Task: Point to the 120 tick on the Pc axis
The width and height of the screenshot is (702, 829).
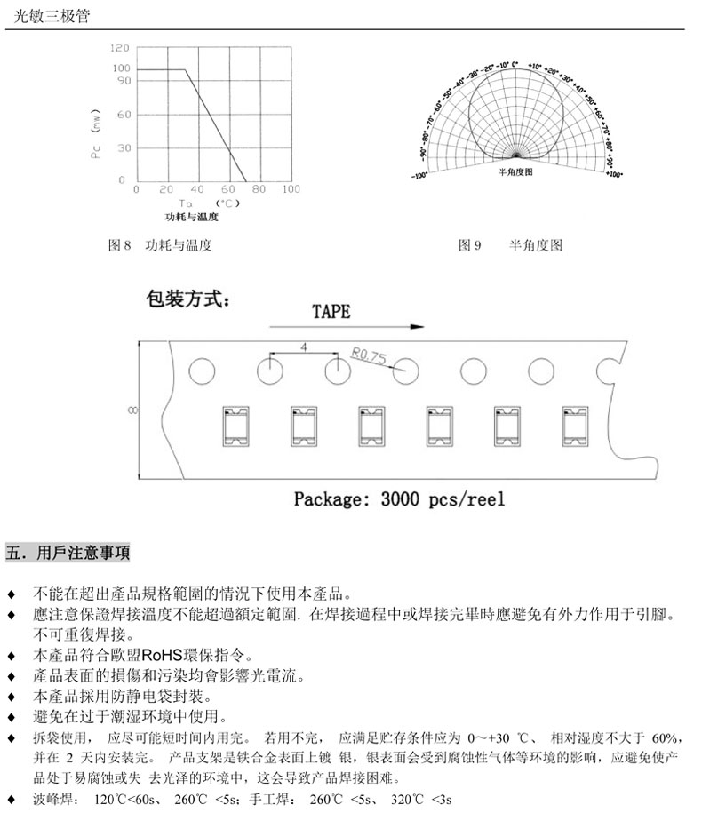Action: point(121,47)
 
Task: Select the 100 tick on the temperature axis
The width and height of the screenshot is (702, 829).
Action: point(291,189)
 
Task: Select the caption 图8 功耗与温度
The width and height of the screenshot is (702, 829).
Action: point(159,245)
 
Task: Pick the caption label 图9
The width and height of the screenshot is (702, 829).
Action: point(468,245)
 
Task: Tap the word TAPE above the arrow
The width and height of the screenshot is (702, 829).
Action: point(331,312)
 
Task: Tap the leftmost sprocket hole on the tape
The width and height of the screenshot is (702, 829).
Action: point(203,371)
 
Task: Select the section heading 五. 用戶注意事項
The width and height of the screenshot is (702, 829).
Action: point(68,553)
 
